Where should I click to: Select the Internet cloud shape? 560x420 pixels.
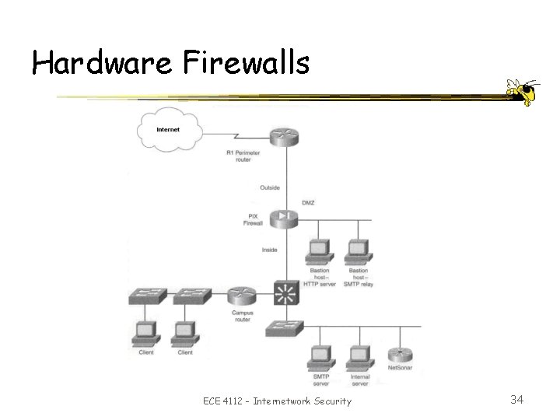(x=169, y=129)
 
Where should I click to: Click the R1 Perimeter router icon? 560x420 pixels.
(x=285, y=137)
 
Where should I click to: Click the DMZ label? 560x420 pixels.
(x=308, y=202)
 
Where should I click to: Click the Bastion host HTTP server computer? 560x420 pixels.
(x=319, y=250)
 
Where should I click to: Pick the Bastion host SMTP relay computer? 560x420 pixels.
(x=357, y=250)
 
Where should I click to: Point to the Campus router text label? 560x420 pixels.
(x=243, y=317)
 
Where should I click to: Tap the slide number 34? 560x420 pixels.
(x=516, y=400)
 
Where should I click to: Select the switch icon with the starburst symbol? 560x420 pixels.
(x=285, y=294)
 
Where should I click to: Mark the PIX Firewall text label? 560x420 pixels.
(x=254, y=220)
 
